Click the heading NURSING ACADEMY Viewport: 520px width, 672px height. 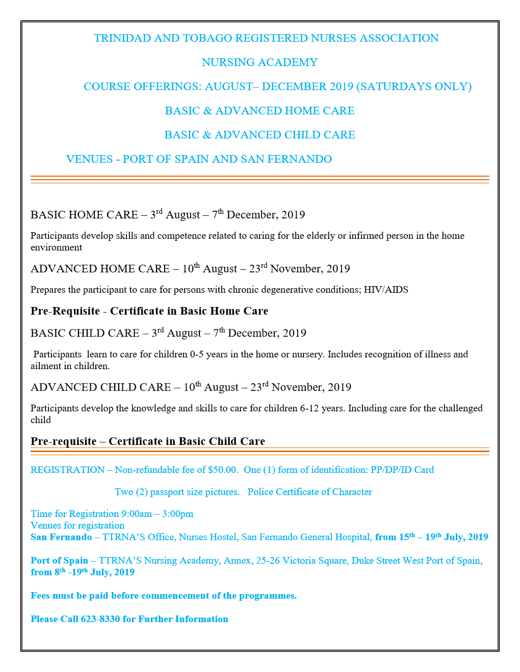click(x=259, y=63)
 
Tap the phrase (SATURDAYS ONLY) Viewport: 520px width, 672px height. click(x=414, y=87)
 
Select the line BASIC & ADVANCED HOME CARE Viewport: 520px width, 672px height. click(x=259, y=111)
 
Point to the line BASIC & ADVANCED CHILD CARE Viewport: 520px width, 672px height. click(x=259, y=135)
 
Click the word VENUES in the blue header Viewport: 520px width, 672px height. click(x=89, y=159)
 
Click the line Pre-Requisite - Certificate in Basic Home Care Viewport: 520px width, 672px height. click(x=149, y=311)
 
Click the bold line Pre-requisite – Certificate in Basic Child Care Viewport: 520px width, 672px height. click(x=148, y=441)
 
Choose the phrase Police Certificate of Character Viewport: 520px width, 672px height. click(x=309, y=492)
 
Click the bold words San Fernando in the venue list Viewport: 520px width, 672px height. click(x=61, y=537)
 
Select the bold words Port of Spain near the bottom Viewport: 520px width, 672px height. click(x=59, y=561)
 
